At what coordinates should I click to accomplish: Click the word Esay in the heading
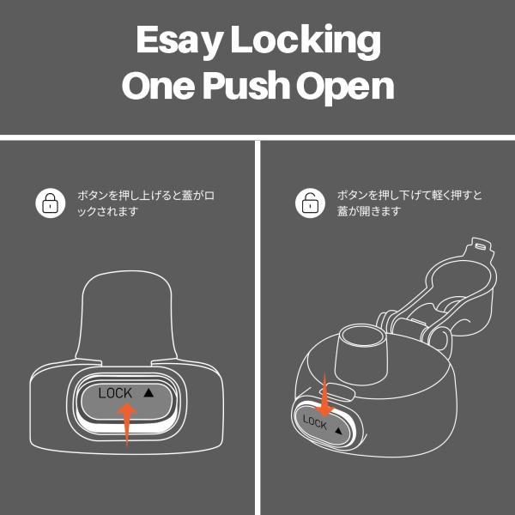click(x=178, y=40)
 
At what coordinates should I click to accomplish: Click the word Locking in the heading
click(x=306, y=40)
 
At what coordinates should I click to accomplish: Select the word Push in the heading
click(x=246, y=85)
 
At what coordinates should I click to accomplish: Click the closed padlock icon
click(x=51, y=203)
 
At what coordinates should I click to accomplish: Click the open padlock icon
click(x=310, y=203)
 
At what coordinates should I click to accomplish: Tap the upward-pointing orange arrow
click(x=127, y=424)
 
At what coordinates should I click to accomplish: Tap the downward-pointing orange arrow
click(x=324, y=396)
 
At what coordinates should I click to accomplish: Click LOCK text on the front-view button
click(x=115, y=393)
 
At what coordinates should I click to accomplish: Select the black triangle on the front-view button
click(x=148, y=392)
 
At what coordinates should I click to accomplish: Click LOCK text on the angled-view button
click(x=315, y=422)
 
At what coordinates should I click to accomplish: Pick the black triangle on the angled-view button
click(x=339, y=430)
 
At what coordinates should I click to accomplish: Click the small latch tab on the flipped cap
click(x=479, y=247)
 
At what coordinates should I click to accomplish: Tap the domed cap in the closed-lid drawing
click(x=127, y=315)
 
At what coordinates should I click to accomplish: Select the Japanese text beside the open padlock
click(x=409, y=203)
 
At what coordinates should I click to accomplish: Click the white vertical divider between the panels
click(x=257, y=328)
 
